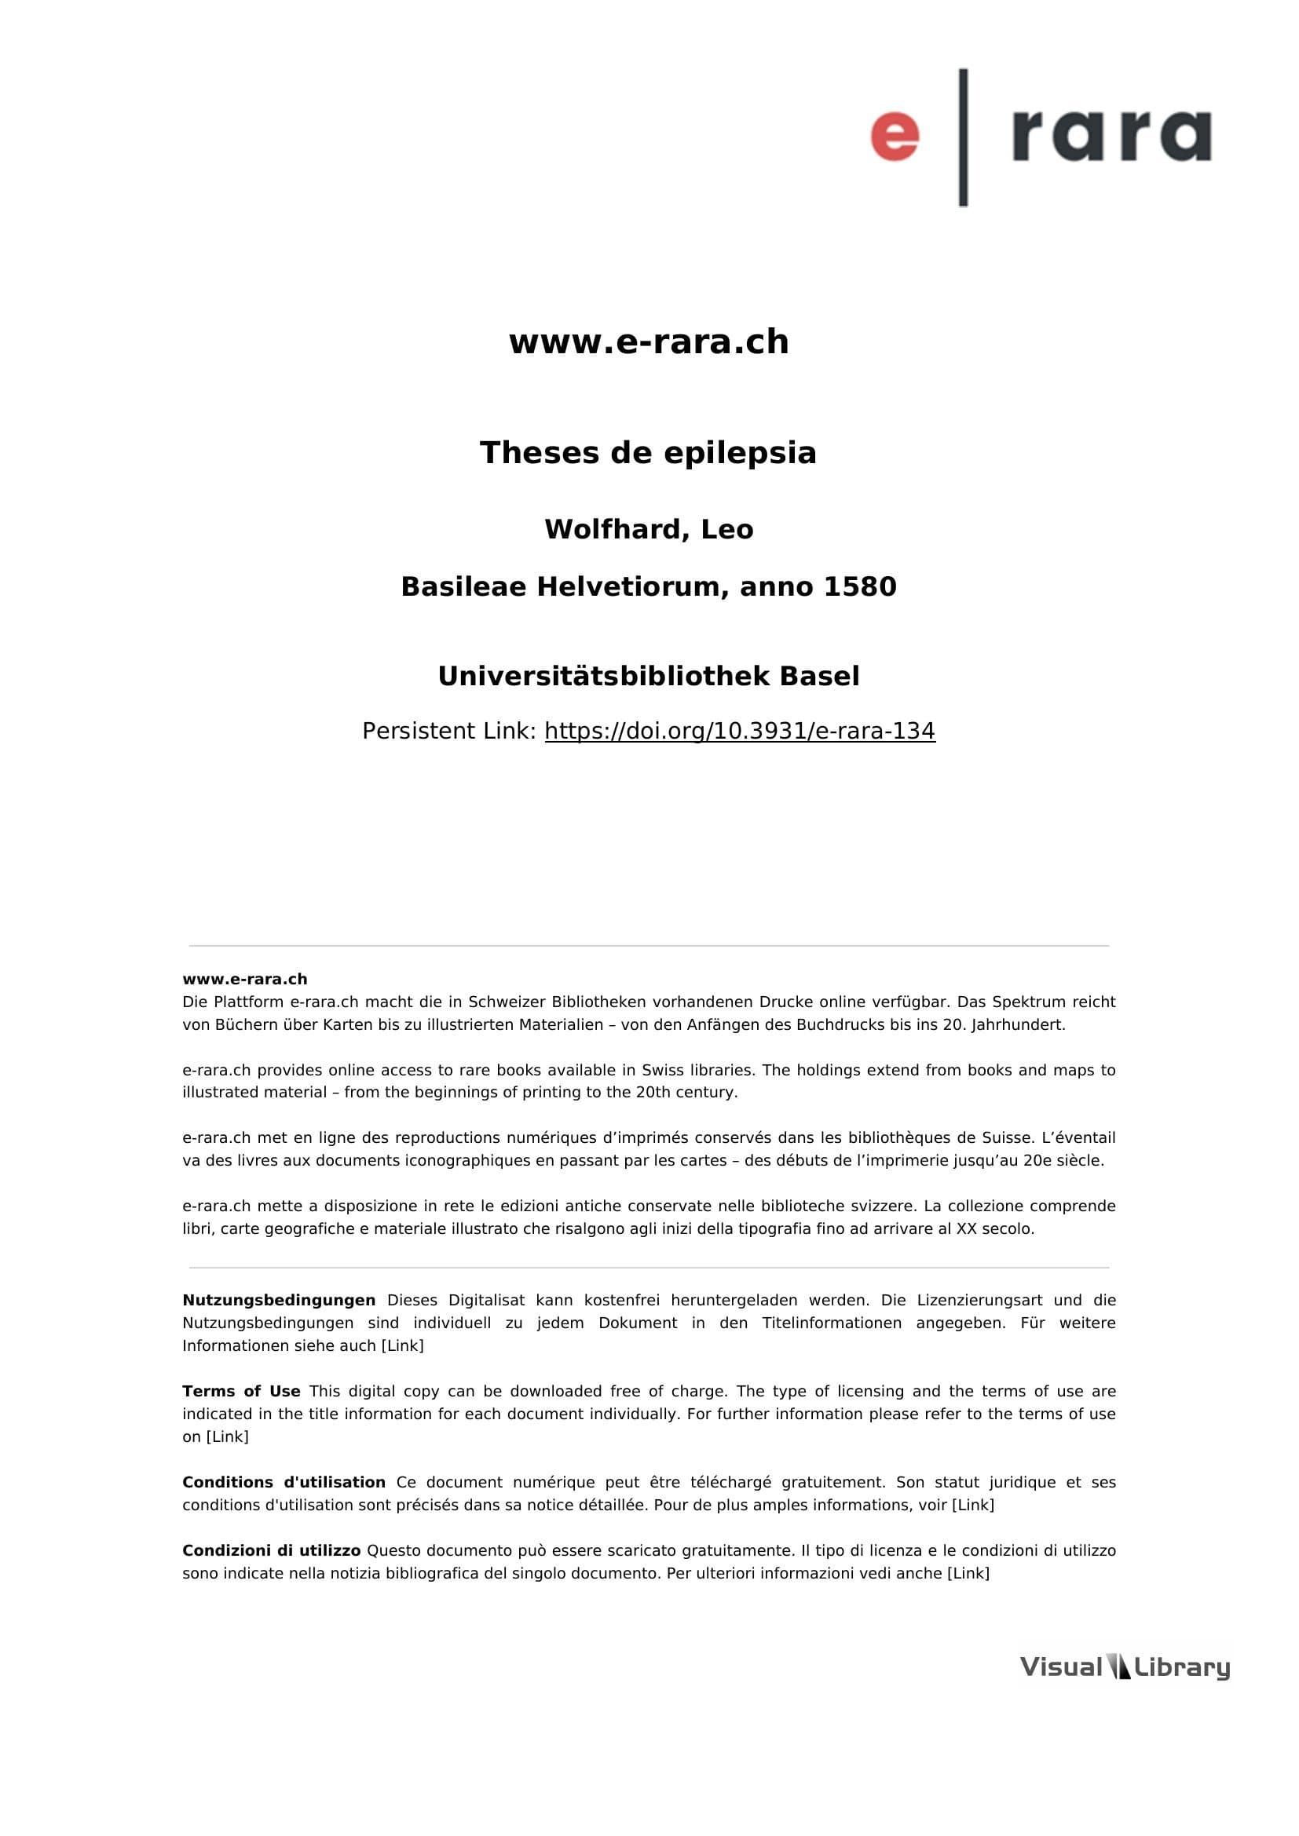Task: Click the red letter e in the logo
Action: (x=895, y=136)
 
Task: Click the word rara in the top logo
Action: (x=1111, y=136)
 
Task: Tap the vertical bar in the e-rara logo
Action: (x=963, y=137)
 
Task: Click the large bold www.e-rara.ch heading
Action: (x=649, y=342)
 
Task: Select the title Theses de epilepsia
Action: (x=649, y=454)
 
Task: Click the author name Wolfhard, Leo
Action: (x=649, y=529)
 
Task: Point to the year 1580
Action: (x=860, y=587)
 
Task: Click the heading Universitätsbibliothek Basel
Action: (x=649, y=677)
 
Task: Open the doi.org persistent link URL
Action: (x=740, y=731)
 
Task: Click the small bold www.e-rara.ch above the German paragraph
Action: (x=245, y=980)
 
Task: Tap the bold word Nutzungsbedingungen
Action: (x=278, y=1300)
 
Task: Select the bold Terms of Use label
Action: (x=241, y=1392)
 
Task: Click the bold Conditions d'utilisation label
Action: (x=284, y=1483)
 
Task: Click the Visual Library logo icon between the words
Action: (x=1118, y=1667)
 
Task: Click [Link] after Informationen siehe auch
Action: (x=402, y=1346)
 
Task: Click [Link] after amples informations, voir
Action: (x=972, y=1505)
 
